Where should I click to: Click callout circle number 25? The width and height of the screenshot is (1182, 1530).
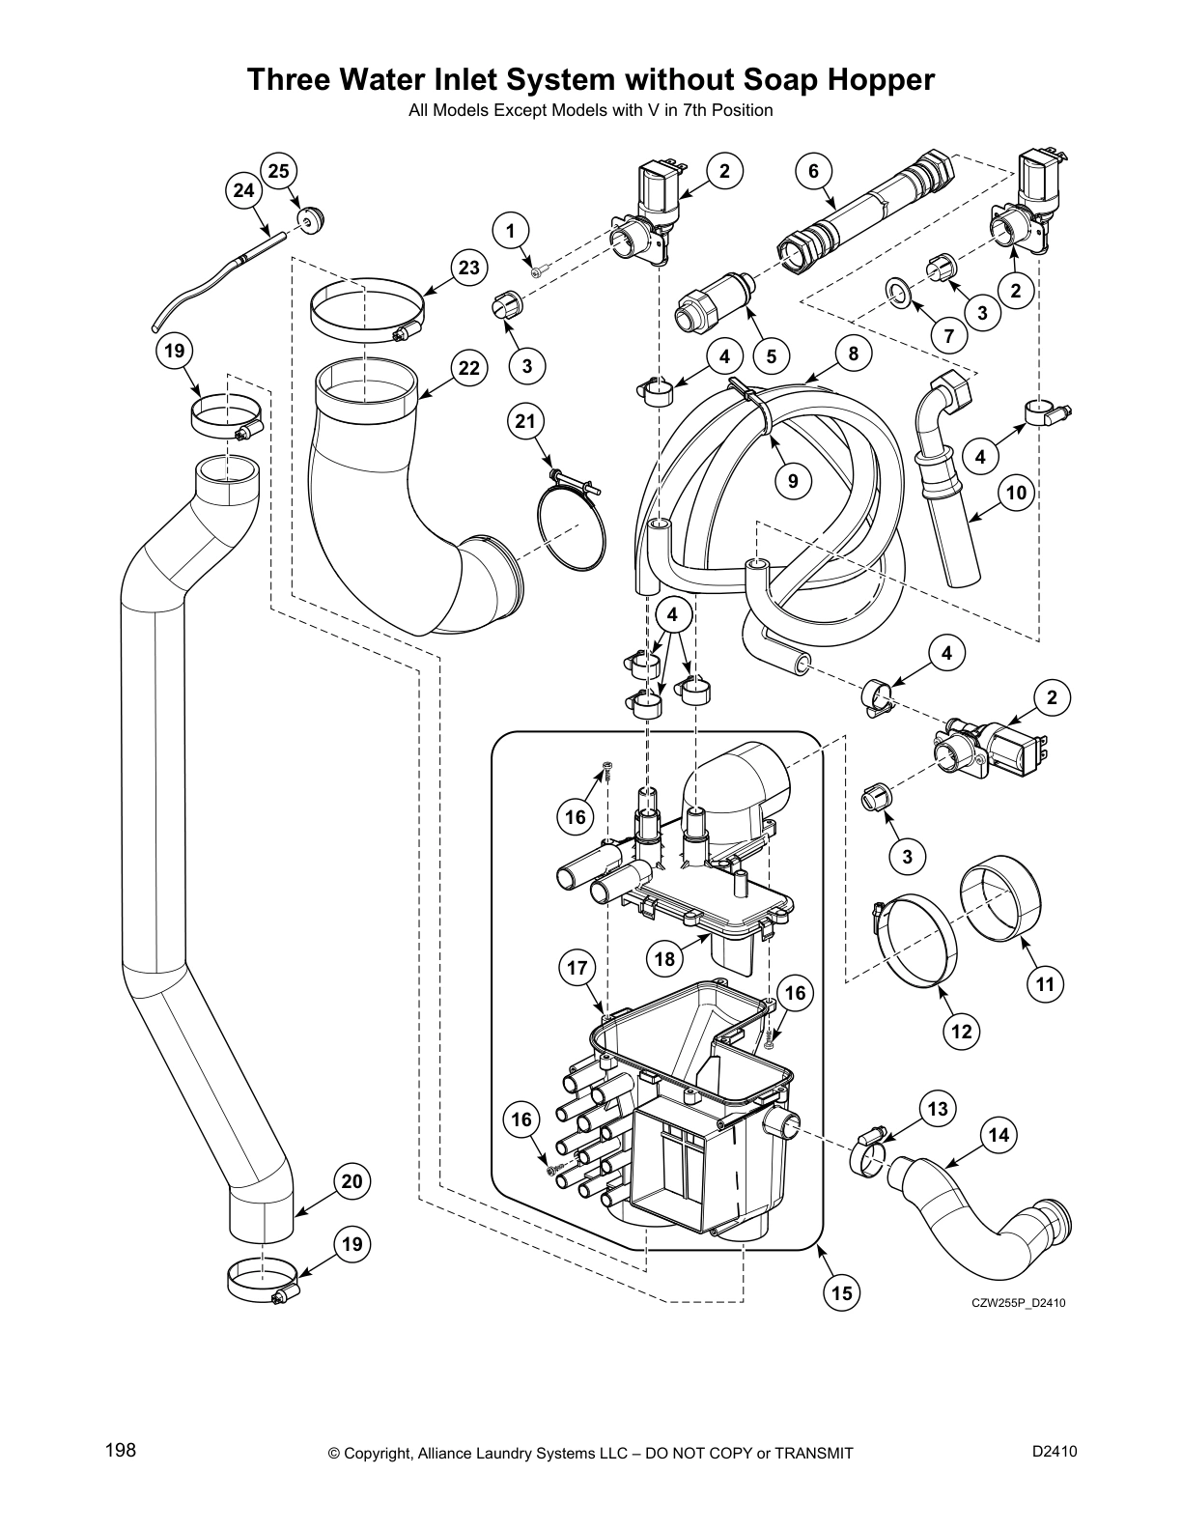(x=278, y=172)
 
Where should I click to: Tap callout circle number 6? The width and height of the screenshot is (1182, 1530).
(x=813, y=172)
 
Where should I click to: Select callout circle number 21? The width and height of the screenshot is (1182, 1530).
(x=525, y=421)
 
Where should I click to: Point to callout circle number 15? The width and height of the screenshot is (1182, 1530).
(x=842, y=1292)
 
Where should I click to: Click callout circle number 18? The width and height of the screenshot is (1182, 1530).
(x=664, y=959)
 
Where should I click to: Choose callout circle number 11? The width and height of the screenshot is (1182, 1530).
(x=1045, y=985)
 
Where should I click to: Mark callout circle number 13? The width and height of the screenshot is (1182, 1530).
(x=938, y=1110)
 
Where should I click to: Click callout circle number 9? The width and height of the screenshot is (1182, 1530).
(x=793, y=480)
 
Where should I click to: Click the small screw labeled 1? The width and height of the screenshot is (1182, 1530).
(x=538, y=272)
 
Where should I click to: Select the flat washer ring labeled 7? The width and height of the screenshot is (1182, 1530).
(x=898, y=291)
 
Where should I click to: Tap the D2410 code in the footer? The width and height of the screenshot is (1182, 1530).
(x=1054, y=1450)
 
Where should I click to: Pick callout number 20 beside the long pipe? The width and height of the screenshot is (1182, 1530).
(x=352, y=1181)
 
